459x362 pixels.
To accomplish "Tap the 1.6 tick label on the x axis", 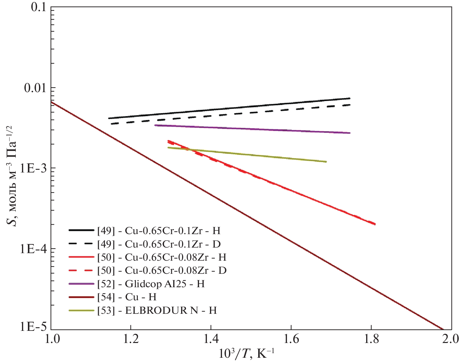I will (x=291, y=339).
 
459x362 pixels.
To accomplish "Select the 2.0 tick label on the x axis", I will (x=450, y=339).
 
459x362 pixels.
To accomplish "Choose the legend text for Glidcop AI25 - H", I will (x=151, y=284).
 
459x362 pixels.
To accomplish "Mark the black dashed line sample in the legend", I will (x=81, y=244).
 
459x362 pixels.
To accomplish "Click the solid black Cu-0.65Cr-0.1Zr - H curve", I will (x=230, y=108).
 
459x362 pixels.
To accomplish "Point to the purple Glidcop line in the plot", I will (x=253, y=129).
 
